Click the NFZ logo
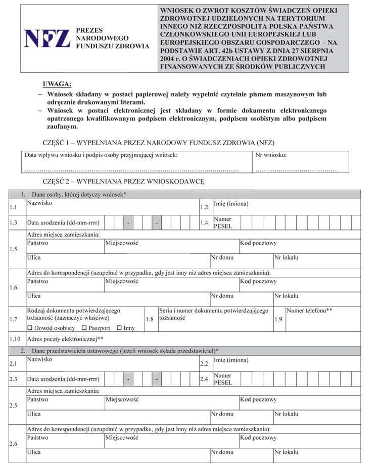[x=46, y=39]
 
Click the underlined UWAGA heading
[x=57, y=83]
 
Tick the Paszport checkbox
[x=84, y=328]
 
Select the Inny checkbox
[x=119, y=328]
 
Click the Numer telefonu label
[x=309, y=311]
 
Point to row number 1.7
[x=14, y=320]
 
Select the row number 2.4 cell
[x=204, y=379]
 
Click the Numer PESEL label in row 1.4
[x=222, y=222]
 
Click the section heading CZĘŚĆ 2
[x=123, y=181]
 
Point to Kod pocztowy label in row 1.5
[x=258, y=244]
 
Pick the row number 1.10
[x=15, y=339]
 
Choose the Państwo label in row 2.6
[x=37, y=437]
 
